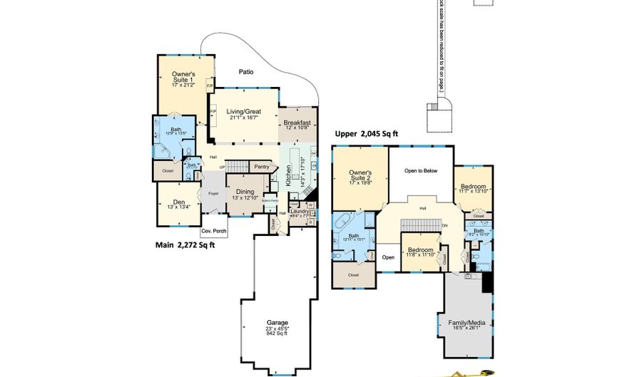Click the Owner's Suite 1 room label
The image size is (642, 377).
coord(183,78)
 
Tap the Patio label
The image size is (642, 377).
coord(245,71)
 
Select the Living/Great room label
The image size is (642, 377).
coord(243,112)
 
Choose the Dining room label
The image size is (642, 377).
coord(245,191)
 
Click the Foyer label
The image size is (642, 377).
coord(213,193)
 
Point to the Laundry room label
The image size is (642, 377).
coord(300,211)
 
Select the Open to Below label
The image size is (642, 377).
coord(420,171)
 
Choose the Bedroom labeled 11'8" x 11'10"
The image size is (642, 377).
coord(421,251)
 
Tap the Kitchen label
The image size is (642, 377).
coord(289,172)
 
